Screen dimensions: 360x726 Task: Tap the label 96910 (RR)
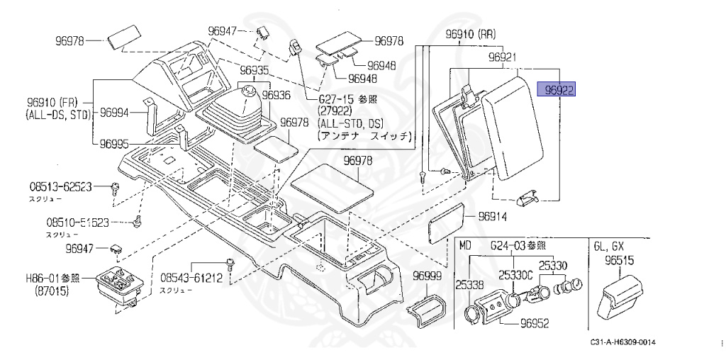pyautogui.click(x=470, y=34)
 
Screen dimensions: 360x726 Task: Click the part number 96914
pyautogui.click(x=493, y=216)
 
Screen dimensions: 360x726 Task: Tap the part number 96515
pyautogui.click(x=619, y=261)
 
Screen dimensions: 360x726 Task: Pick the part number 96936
pyautogui.click(x=277, y=95)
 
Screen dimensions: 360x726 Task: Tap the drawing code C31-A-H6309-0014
pyautogui.click(x=622, y=343)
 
